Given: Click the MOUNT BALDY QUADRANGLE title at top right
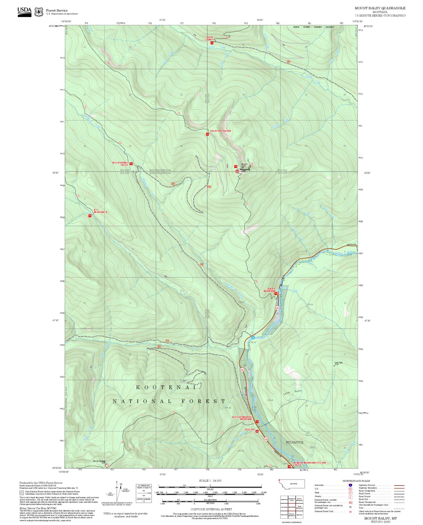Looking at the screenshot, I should point(380,8).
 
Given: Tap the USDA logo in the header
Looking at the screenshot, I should point(24,11).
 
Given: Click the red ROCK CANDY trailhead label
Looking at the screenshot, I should point(210,38).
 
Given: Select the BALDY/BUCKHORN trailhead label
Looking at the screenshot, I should point(220,131).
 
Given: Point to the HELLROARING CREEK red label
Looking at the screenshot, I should point(120,164).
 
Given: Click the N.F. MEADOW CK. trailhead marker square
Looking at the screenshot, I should point(90,216).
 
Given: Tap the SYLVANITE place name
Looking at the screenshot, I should point(294,442).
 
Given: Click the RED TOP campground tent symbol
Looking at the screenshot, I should point(257,431).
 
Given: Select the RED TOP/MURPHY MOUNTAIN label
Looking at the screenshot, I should point(242,418).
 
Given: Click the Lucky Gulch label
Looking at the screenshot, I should point(292,392).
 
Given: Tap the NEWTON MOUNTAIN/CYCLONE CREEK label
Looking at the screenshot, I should point(310,464).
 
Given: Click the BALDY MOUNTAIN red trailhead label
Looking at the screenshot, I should point(269,290).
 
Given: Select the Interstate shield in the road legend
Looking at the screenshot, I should point(350,485).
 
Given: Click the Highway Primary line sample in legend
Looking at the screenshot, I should point(399,485).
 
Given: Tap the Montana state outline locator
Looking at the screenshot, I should point(291,484).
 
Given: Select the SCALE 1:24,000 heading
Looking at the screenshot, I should point(210,481).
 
